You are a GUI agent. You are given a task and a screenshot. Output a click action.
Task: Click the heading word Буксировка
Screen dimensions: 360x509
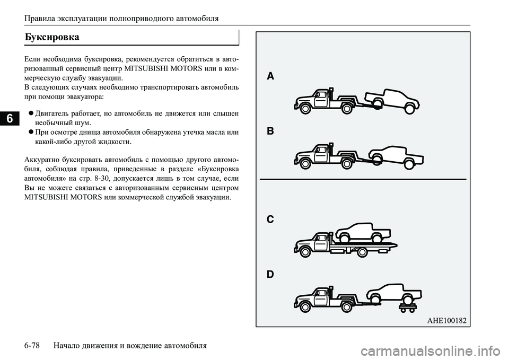(52, 37)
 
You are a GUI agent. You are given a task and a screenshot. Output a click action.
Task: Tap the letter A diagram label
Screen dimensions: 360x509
(270, 76)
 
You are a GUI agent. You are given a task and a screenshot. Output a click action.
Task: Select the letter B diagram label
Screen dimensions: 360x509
(270, 131)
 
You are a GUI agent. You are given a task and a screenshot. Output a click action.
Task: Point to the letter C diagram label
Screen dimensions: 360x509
(270, 219)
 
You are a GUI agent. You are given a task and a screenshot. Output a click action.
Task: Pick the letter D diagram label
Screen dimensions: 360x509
(270, 275)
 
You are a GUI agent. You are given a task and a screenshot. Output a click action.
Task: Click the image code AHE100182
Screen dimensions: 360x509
(446, 320)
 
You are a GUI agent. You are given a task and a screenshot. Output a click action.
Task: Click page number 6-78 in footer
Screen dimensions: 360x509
(33, 346)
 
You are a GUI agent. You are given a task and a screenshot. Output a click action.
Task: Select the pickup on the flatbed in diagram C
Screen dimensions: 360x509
(364, 231)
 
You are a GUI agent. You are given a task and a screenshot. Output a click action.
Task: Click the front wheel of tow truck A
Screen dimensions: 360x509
(305, 109)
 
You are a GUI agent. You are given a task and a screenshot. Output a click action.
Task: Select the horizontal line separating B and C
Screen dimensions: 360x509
(363, 179)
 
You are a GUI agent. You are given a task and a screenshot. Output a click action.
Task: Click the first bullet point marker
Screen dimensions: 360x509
(32, 113)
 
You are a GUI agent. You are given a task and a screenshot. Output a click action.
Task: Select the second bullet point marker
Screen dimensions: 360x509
(32, 132)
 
